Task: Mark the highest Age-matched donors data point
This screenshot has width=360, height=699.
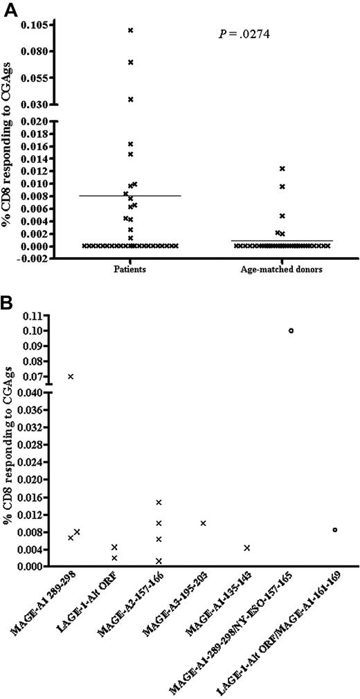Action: click(282, 168)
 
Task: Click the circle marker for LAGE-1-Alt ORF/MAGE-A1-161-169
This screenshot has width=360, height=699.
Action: click(335, 529)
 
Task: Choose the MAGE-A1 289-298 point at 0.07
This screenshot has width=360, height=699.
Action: click(71, 376)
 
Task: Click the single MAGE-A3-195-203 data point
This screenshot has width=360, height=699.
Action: click(203, 523)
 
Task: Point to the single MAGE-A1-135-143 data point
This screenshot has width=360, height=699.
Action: click(247, 548)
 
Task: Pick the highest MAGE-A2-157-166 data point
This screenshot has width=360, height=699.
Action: click(159, 502)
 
